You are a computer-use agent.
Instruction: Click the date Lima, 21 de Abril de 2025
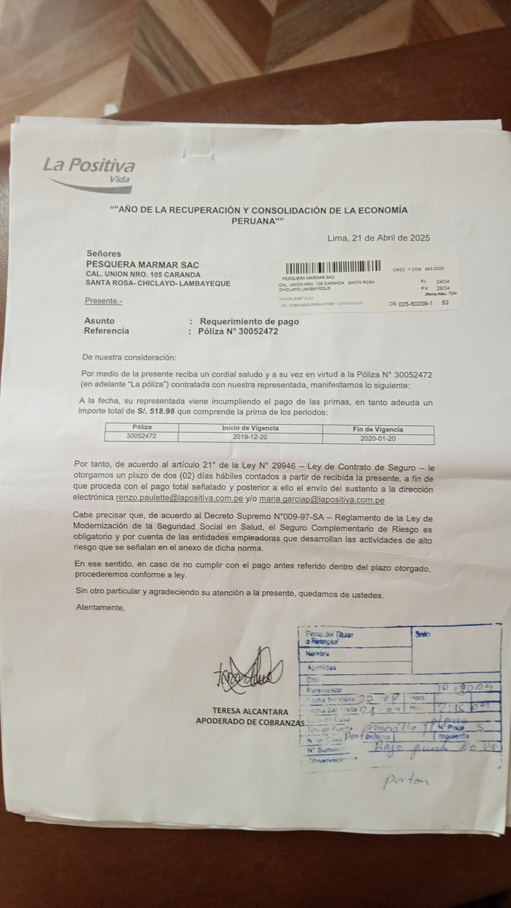pyautogui.click(x=378, y=238)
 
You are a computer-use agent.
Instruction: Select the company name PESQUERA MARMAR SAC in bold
pyautogui.click(x=143, y=264)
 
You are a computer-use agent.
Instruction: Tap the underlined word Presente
pyautogui.click(x=103, y=301)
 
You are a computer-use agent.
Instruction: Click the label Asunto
pyautogui.click(x=99, y=321)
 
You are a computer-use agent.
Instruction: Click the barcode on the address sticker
pyautogui.click(x=332, y=267)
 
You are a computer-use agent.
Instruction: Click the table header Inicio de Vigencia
pyautogui.click(x=250, y=428)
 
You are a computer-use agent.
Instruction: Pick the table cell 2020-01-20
pyautogui.click(x=378, y=439)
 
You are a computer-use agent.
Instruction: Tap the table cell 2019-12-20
pyautogui.click(x=250, y=437)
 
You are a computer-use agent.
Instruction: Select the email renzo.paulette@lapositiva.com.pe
pyautogui.click(x=179, y=499)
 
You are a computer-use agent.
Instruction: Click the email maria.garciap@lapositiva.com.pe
pyautogui.click(x=322, y=500)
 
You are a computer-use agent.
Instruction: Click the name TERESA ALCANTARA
pyautogui.click(x=250, y=711)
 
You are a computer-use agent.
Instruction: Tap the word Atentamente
pyautogui.click(x=100, y=607)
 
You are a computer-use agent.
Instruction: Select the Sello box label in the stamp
pyautogui.click(x=422, y=634)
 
